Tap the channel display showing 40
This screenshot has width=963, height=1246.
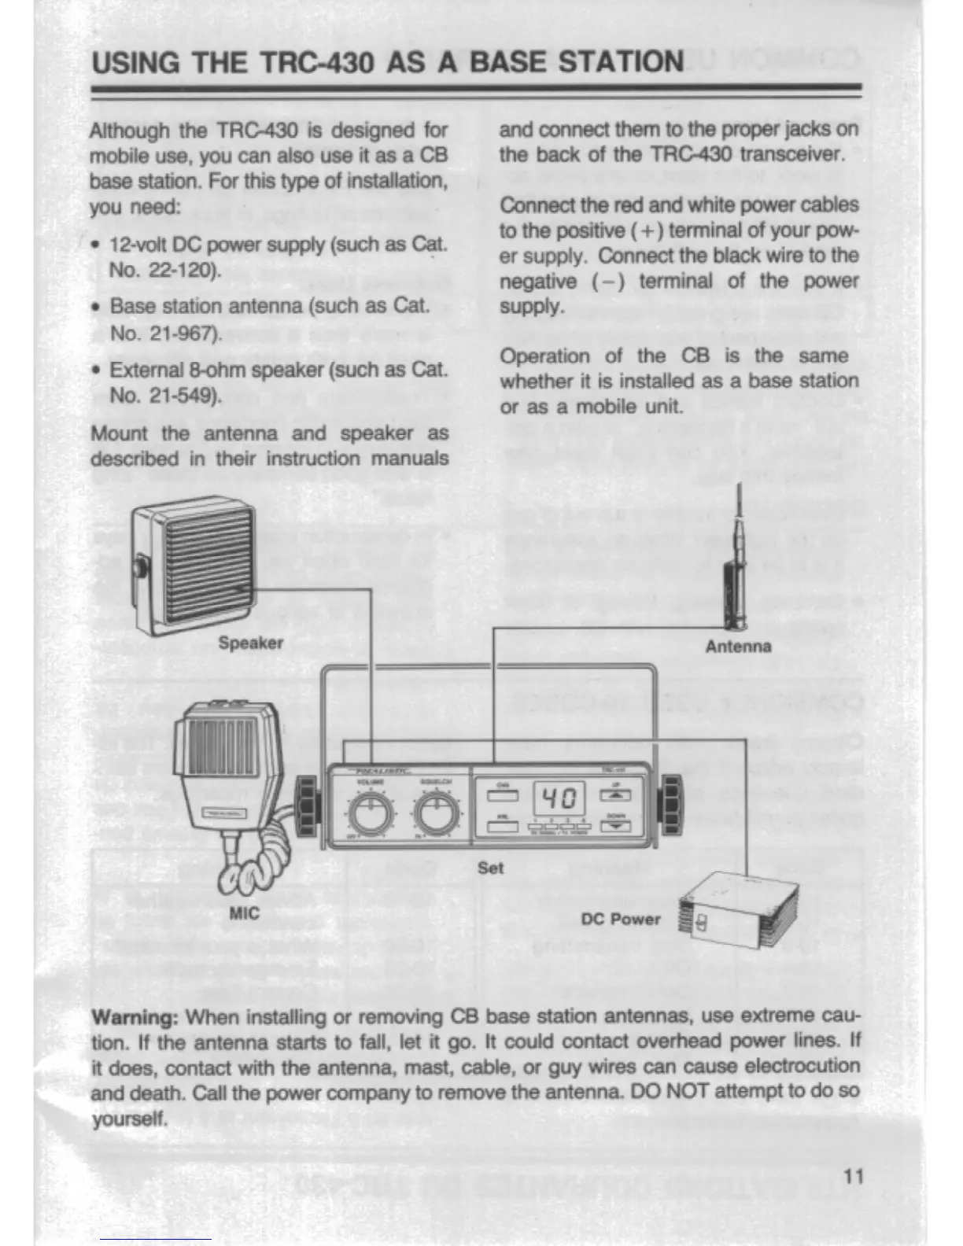click(559, 800)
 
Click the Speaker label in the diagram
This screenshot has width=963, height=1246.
click(250, 643)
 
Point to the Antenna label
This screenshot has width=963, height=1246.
click(738, 647)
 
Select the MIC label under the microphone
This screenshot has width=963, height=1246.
click(244, 913)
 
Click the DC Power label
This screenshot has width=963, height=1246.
click(621, 919)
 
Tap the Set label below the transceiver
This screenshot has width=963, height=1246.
click(490, 868)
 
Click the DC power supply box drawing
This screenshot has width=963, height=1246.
click(740, 911)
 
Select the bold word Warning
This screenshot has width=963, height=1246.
click(135, 1017)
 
